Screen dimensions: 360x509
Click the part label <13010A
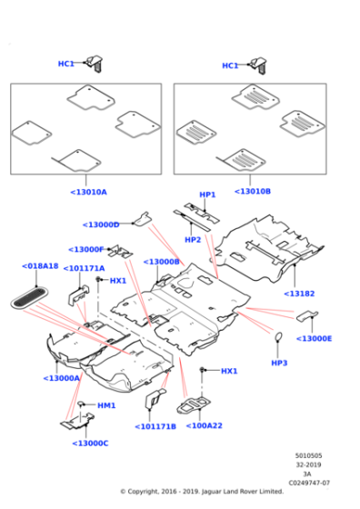pyautogui.click(x=88, y=192)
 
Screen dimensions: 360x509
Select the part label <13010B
pyautogui.click(x=253, y=191)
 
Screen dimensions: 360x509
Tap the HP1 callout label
pyautogui.click(x=207, y=195)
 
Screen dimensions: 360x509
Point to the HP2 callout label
pyautogui.click(x=193, y=240)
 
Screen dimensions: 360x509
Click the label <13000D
pyautogui.click(x=101, y=225)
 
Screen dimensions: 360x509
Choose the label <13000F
pyautogui.click(x=86, y=249)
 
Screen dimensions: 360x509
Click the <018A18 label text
pyautogui.click(x=40, y=265)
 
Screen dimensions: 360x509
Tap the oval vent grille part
pyautogui.click(x=30, y=298)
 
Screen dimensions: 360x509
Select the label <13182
pyautogui.click(x=299, y=294)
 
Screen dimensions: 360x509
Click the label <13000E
pyautogui.click(x=314, y=338)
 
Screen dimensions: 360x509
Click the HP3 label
pyautogui.click(x=279, y=363)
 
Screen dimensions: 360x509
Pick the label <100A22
pyautogui.click(x=205, y=425)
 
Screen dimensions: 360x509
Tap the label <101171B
pyautogui.click(x=155, y=426)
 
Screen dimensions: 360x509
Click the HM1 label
pyautogui.click(x=106, y=405)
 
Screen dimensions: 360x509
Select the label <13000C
pyautogui.click(x=90, y=444)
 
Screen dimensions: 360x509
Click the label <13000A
pyautogui.click(x=61, y=378)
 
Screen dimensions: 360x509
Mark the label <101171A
pyautogui.click(x=84, y=268)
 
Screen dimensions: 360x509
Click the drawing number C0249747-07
pyautogui.click(x=309, y=483)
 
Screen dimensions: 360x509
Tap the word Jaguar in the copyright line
pyautogui.click(x=211, y=492)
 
